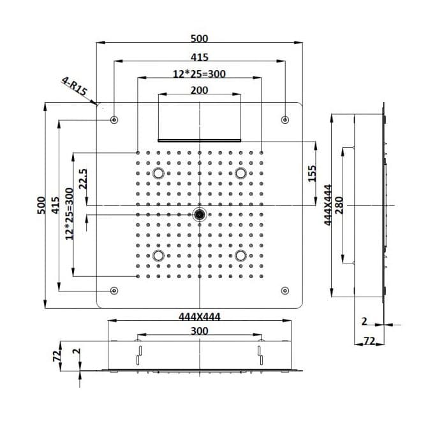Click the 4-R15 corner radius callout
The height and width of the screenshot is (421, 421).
coord(75,86)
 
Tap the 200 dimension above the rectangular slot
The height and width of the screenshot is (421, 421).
coord(199,90)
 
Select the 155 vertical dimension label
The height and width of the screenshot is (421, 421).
coord(312,174)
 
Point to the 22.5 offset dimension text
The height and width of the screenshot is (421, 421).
coord(83,179)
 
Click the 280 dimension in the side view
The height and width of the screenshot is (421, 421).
coord(339,205)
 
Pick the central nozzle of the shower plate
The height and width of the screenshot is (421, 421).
coord(200,214)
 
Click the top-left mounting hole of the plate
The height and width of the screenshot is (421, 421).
coord(114,119)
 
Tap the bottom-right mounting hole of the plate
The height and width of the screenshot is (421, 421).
coord(285,290)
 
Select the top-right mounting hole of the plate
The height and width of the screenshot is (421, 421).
coord(285,119)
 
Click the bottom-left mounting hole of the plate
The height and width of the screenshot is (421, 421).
coord(114,290)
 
